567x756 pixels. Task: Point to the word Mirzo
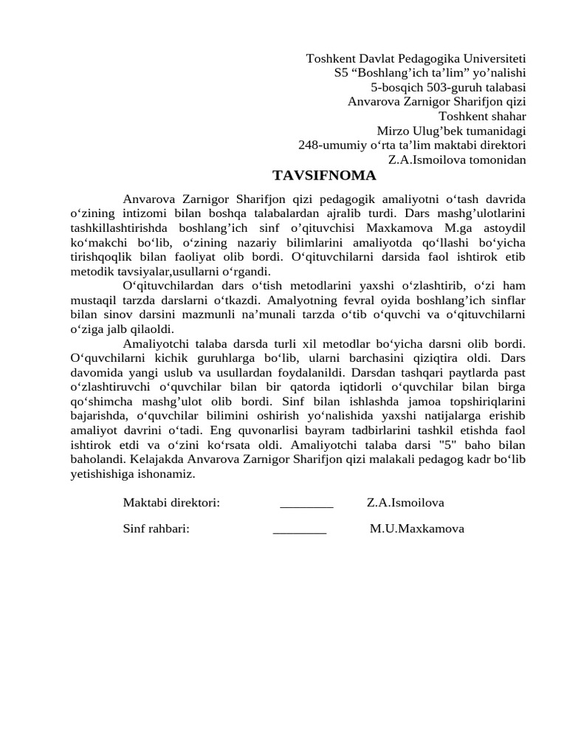[x=392, y=131]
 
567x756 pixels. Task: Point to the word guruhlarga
[x=239, y=359]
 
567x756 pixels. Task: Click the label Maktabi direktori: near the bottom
[x=171, y=504]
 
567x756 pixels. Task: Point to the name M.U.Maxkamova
[x=417, y=529]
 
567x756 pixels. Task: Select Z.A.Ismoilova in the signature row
[x=405, y=504]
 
